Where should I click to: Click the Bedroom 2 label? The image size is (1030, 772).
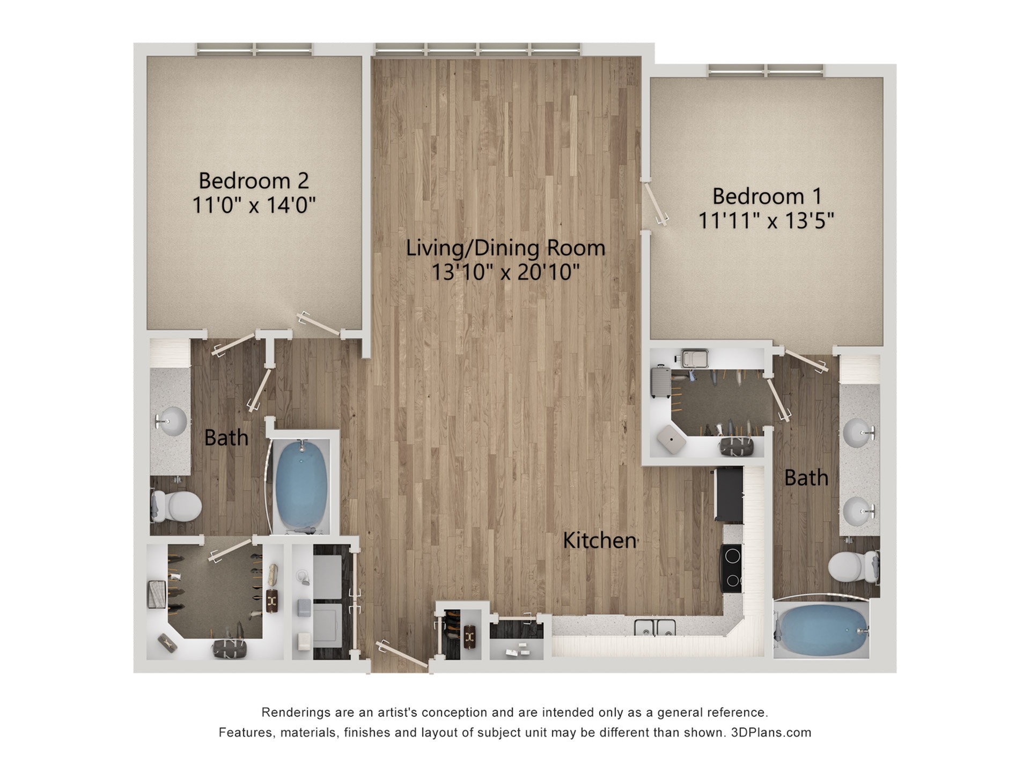[254, 181]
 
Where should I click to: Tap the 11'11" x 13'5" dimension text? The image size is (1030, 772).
[766, 220]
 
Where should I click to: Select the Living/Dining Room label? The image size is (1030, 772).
[505, 248]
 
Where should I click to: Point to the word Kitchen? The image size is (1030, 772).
[600, 540]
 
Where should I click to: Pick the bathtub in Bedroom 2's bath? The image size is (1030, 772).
[300, 484]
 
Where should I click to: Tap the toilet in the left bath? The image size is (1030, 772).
[176, 506]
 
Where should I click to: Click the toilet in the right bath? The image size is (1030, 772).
[853, 567]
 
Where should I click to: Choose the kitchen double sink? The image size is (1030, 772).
[654, 627]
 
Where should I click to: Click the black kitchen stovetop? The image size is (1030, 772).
[732, 568]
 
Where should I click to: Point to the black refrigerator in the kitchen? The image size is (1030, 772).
[729, 494]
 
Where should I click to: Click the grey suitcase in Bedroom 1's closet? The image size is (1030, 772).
[661, 381]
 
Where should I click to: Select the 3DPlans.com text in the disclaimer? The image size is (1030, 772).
[771, 732]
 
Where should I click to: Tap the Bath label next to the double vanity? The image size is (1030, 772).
[806, 478]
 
